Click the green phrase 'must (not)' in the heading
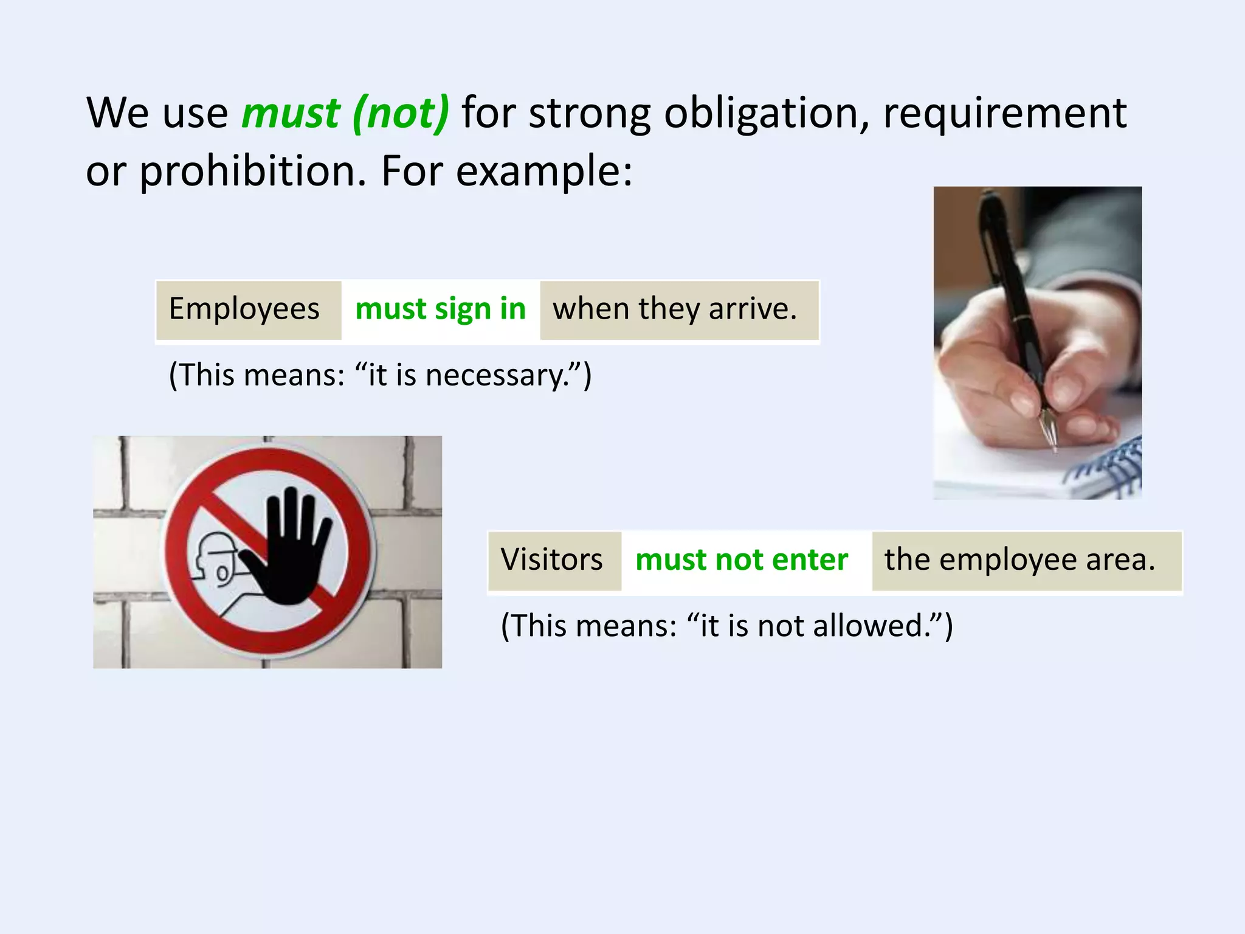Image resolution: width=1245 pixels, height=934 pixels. pos(345,113)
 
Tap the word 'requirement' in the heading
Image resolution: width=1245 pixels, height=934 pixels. pos(1004,113)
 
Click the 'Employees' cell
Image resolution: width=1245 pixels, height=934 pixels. pos(244,309)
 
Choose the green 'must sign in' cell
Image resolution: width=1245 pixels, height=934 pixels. pos(440,309)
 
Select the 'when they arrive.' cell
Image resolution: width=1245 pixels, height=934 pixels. pos(675,309)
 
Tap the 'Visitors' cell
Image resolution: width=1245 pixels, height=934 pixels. pos(552,560)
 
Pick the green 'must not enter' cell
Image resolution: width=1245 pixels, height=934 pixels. pos(742,560)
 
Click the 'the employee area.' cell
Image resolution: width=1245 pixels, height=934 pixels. pos(1019,560)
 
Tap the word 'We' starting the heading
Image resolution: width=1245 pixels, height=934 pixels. pos(118,113)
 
